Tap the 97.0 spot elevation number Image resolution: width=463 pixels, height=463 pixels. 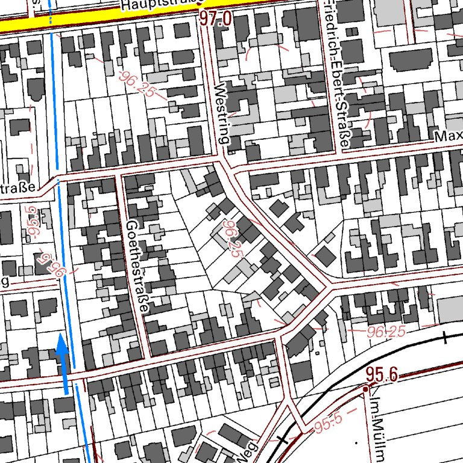point(216,19)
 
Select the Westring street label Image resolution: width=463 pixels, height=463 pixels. point(222,114)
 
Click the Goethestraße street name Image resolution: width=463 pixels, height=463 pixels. point(137,266)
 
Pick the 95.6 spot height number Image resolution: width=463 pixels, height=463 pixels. point(381,374)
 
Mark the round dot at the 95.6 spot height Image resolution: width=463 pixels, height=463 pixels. point(365,390)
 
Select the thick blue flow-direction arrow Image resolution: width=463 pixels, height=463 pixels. point(61,362)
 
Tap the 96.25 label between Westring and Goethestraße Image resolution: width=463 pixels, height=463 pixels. point(231,239)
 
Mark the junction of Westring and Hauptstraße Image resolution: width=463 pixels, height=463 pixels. point(204,24)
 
